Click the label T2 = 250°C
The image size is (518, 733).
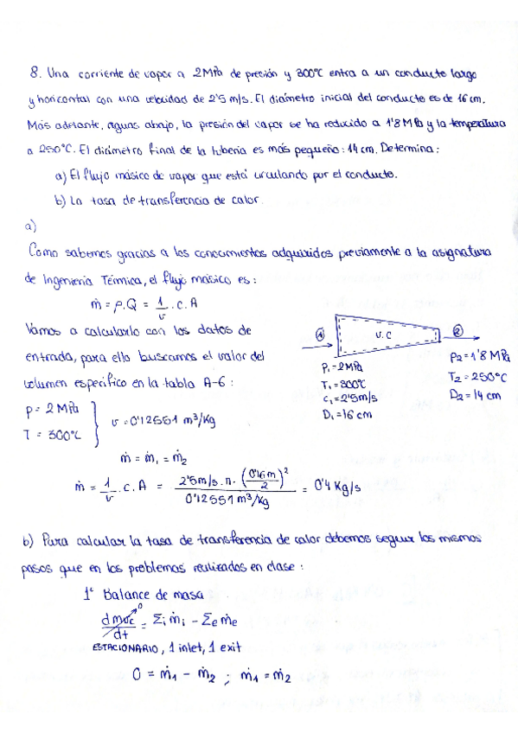tap(478, 376)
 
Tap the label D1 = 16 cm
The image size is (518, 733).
tap(346, 414)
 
